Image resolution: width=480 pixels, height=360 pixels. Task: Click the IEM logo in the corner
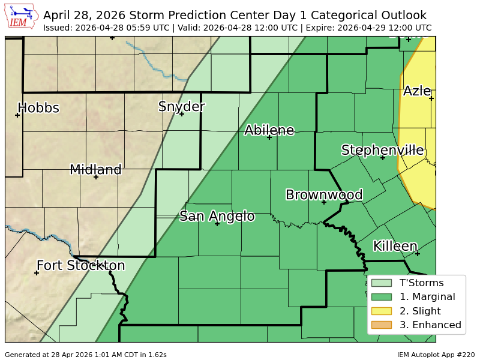[22, 17]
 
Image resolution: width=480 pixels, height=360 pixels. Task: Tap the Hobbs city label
[38, 108]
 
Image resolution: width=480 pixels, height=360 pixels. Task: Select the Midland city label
[95, 170]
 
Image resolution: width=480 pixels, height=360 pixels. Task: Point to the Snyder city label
[181, 107]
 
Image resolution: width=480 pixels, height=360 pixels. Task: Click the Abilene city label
[269, 130]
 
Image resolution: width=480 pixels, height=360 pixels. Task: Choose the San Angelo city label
[217, 217]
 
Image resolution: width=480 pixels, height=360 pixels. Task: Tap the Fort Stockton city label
[80, 266]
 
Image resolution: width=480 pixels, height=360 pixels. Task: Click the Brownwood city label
[324, 195]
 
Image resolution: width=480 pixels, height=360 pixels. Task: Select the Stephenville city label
[382, 150]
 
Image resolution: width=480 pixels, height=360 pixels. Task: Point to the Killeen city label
[395, 247]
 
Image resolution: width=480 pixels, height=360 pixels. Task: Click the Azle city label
[417, 91]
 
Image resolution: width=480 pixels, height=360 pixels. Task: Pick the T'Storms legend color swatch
[381, 283]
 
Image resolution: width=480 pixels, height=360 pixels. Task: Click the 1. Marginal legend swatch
[381, 296]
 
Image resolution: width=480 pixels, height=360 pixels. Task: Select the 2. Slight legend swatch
[381, 311]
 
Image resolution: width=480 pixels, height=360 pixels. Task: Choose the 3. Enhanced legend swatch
[381, 325]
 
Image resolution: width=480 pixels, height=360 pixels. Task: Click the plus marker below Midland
[95, 177]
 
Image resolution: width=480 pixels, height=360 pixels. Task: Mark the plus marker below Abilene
[269, 137]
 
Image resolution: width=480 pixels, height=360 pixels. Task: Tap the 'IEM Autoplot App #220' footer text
[436, 355]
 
